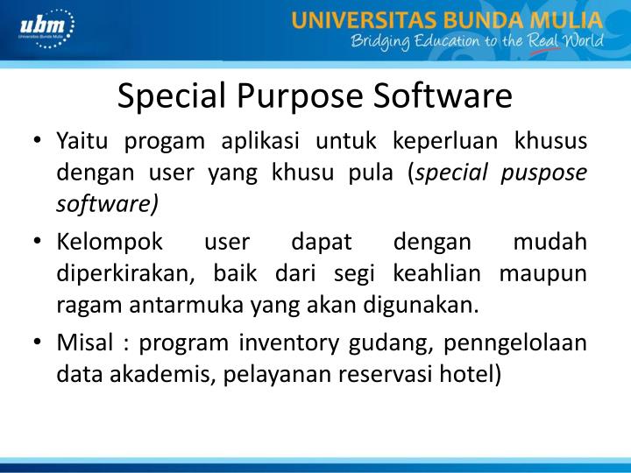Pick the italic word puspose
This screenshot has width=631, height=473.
pyautogui.click(x=549, y=173)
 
